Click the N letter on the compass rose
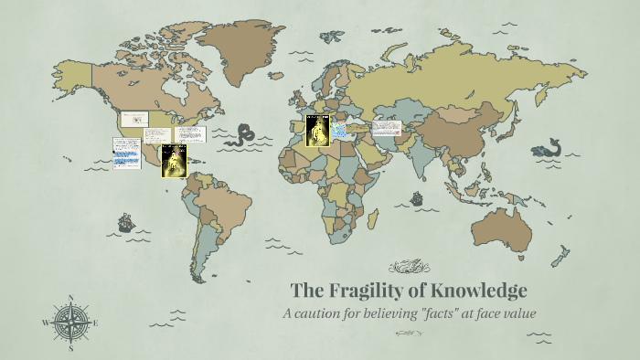[x=70, y=298]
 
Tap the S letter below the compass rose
[x=70, y=348]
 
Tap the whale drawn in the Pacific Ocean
[x=551, y=147]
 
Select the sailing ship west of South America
[x=125, y=222]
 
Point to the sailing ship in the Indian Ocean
[x=417, y=197]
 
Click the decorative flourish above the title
[x=410, y=267]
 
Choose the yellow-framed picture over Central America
[x=174, y=161]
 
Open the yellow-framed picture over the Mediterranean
[x=317, y=132]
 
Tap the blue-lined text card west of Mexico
[x=124, y=153]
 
